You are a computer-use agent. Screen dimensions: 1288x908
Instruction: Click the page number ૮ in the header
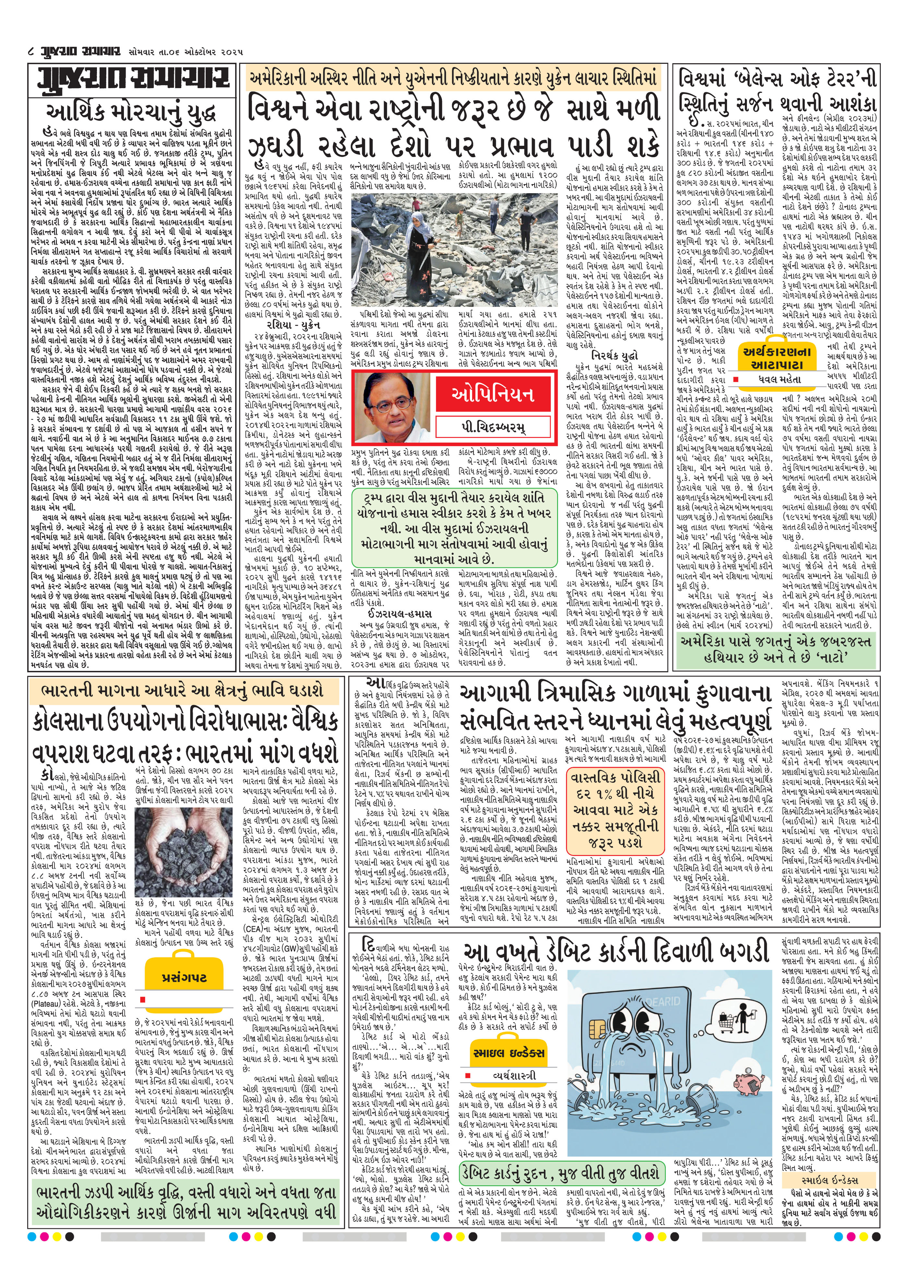(31, 53)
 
